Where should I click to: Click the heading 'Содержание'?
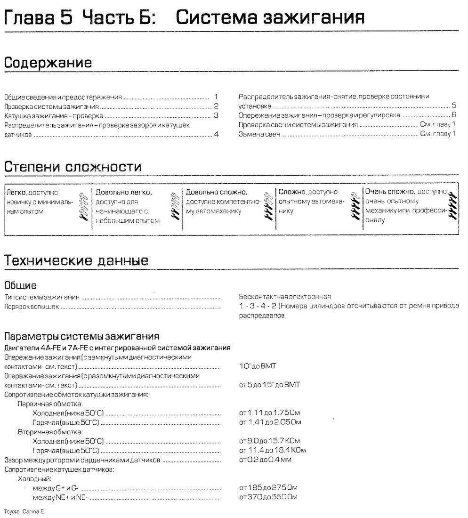pyautogui.click(x=48, y=63)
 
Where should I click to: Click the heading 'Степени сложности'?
pyautogui.click(x=73, y=167)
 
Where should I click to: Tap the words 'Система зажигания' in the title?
pyautogui.click(x=270, y=17)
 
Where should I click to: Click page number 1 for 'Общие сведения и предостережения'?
pyautogui.click(x=216, y=97)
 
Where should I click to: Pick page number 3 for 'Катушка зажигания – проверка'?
pyautogui.click(x=216, y=115)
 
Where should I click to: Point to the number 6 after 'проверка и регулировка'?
pyautogui.click(x=453, y=115)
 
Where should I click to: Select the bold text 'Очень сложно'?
pyautogui.click(x=389, y=192)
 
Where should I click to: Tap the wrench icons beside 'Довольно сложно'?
pyautogui.click(x=269, y=204)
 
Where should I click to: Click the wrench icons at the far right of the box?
pyautogui.click(x=452, y=204)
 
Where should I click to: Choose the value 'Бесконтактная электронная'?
pyautogui.click(x=284, y=297)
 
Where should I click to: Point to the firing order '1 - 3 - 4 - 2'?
pyautogui.click(x=258, y=306)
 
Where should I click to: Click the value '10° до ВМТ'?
pyautogui.click(x=258, y=365)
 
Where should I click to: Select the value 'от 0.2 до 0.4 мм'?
pyautogui.click(x=265, y=459)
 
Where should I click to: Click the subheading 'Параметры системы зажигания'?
pyautogui.click(x=81, y=336)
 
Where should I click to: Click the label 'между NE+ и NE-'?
pyautogui.click(x=61, y=497)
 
